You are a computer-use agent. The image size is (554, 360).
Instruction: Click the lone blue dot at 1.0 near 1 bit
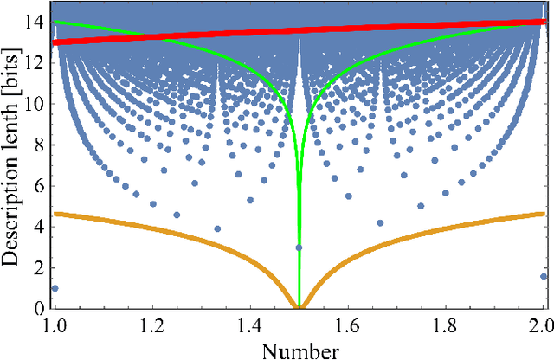[x=55, y=288]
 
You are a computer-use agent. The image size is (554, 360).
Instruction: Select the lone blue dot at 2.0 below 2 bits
[x=543, y=276]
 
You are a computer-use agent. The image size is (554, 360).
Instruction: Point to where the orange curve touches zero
[x=299, y=307]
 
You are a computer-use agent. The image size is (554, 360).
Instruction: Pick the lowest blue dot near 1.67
[x=380, y=222]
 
